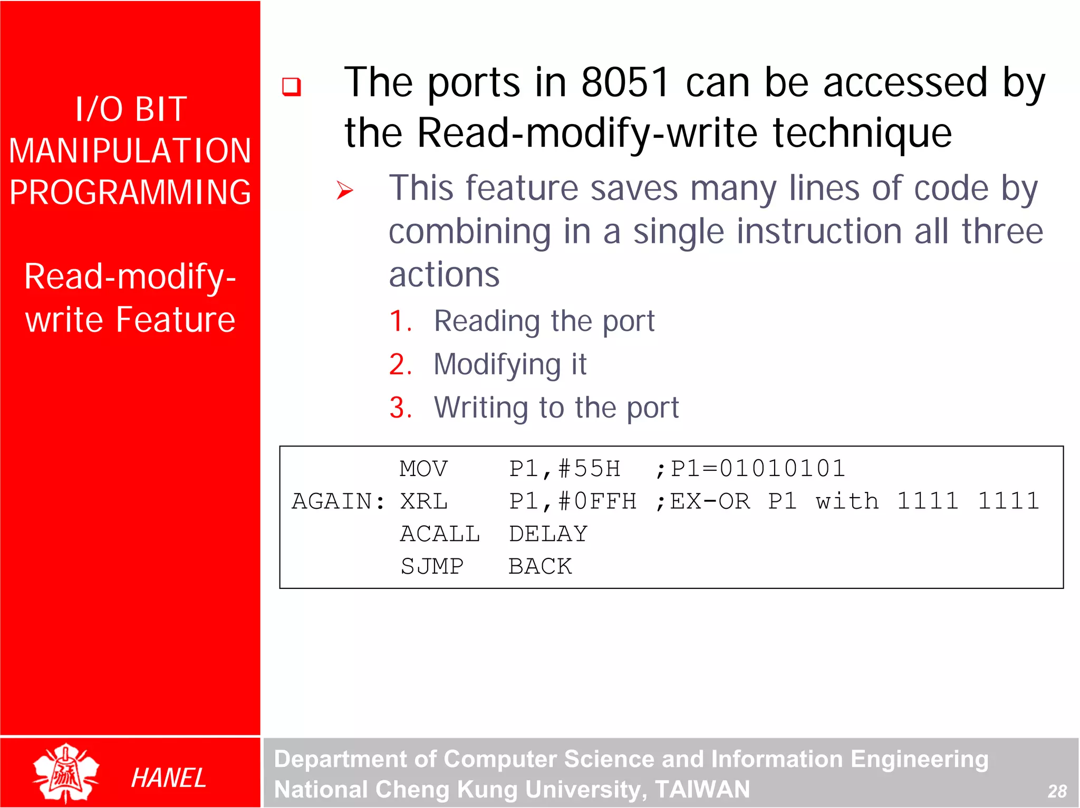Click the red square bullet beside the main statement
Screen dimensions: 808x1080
(x=291, y=87)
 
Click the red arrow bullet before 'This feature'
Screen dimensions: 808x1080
(x=345, y=191)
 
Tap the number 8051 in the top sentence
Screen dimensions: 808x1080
(x=625, y=83)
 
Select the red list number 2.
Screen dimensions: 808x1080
(x=400, y=364)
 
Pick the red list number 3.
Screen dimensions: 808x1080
(x=400, y=407)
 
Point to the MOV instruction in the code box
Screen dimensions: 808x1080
(x=423, y=469)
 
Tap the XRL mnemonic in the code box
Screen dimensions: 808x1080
(x=423, y=501)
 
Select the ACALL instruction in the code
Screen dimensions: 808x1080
(x=440, y=534)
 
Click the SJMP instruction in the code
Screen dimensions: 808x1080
(x=432, y=567)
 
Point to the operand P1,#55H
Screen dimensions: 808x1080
(x=564, y=469)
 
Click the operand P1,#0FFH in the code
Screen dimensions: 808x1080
(x=573, y=501)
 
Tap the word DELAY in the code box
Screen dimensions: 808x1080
(x=548, y=534)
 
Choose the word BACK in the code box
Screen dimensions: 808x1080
(x=540, y=567)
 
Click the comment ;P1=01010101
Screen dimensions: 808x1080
(x=750, y=469)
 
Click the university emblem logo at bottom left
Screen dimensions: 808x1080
(x=65, y=773)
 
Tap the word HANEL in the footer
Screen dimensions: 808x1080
(x=168, y=778)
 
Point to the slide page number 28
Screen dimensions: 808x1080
(x=1057, y=791)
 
